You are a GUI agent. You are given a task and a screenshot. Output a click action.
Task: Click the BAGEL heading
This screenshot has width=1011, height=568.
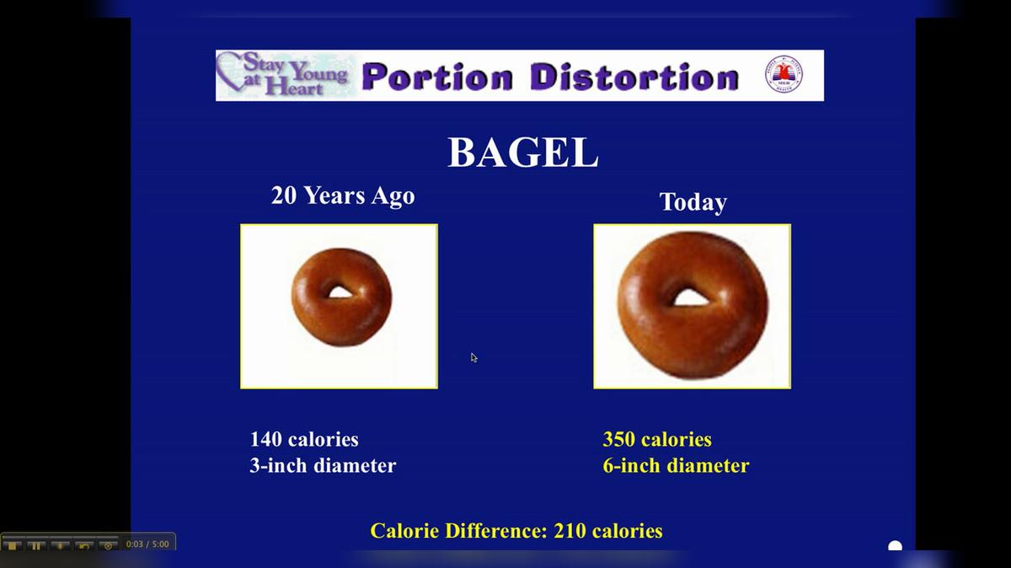[522, 153]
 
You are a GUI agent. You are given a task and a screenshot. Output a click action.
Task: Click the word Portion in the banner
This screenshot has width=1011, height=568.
[436, 78]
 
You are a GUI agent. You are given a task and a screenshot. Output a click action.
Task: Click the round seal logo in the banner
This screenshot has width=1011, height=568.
[783, 75]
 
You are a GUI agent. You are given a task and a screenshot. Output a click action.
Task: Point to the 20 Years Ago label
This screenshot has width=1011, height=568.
[343, 196]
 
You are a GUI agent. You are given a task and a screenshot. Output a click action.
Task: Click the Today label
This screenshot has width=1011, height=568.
[693, 202]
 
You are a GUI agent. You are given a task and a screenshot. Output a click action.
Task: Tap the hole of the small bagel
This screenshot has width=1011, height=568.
[340, 292]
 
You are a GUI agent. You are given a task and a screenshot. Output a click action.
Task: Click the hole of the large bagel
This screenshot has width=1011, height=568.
[690, 297]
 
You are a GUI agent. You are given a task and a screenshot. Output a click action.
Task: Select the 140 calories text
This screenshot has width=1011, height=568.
[304, 439]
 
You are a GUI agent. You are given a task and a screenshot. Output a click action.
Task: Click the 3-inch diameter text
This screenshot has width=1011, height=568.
[323, 465]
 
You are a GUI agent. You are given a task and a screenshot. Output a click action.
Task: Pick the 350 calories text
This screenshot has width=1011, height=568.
[657, 439]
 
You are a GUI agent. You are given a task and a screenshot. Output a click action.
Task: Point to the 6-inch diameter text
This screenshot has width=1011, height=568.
[676, 465]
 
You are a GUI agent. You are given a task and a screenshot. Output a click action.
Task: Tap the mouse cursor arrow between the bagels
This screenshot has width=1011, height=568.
[473, 357]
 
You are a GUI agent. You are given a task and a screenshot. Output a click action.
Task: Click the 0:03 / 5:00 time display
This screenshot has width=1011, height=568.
[147, 544]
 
